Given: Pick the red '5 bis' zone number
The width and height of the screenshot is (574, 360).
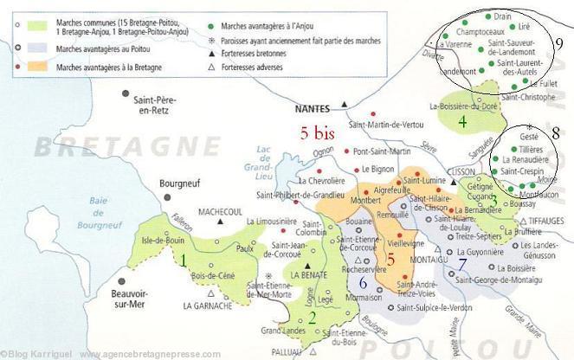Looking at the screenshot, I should click(316, 133).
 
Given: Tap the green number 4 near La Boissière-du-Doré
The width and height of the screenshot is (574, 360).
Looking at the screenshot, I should click(462, 122).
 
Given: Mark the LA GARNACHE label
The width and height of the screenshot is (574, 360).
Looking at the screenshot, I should click(208, 305).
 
